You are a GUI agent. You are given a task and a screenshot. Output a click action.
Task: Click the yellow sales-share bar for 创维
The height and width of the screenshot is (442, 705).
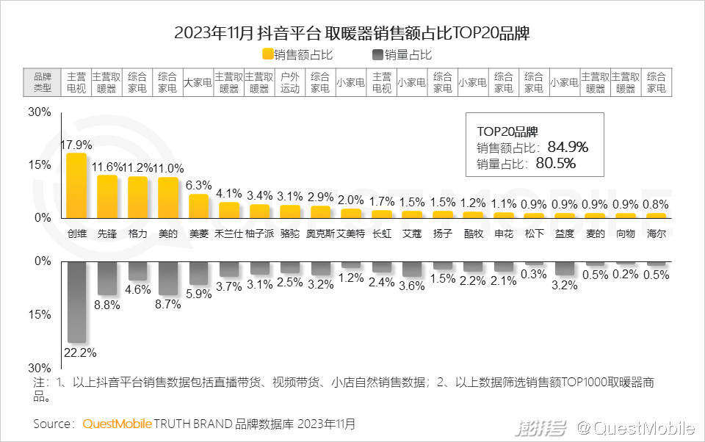(x=76, y=185)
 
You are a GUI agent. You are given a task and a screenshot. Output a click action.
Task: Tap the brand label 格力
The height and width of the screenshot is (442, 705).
(x=138, y=233)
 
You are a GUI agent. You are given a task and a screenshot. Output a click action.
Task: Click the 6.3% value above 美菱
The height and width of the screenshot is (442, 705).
(x=199, y=185)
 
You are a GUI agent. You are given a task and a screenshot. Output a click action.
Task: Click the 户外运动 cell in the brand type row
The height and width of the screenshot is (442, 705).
(x=290, y=82)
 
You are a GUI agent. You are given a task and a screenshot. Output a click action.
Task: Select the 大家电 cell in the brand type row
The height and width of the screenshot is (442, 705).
(x=198, y=82)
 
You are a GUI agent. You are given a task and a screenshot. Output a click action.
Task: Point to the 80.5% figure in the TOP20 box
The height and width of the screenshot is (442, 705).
(x=556, y=163)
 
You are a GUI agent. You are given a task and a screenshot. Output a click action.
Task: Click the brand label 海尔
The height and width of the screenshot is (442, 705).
(x=657, y=233)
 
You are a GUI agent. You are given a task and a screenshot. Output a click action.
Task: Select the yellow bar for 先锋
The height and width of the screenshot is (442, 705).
(x=107, y=196)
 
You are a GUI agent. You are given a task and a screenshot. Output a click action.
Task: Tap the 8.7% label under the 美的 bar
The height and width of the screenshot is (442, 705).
(x=168, y=305)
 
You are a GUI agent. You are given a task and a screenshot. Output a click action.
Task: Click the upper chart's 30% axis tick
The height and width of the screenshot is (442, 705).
(x=39, y=112)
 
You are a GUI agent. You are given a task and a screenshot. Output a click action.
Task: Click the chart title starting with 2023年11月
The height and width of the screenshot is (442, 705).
(x=352, y=33)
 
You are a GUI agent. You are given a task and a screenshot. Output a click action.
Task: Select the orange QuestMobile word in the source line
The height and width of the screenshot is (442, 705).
(x=117, y=424)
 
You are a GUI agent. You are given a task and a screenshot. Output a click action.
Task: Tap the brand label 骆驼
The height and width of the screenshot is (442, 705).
(x=290, y=233)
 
